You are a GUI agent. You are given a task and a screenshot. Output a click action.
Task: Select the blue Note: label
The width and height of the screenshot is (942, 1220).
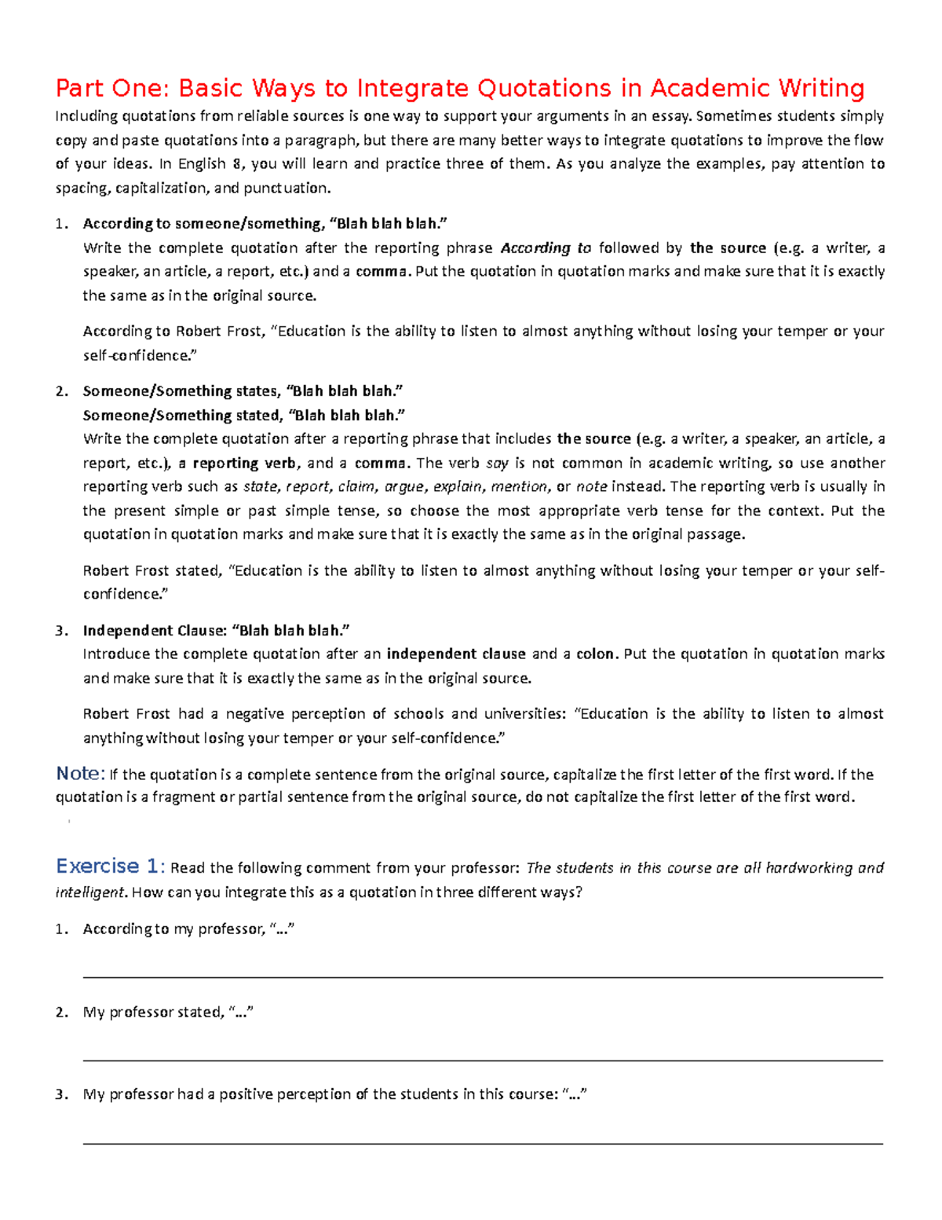click(80, 774)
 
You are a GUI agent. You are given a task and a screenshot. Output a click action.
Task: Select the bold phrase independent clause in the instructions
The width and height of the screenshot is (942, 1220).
click(456, 654)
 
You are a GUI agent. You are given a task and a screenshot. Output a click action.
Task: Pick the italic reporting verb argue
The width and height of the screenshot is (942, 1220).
click(404, 487)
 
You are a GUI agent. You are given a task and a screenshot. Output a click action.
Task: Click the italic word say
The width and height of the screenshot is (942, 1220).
click(497, 463)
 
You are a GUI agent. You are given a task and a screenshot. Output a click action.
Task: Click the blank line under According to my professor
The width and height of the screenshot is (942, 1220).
click(483, 977)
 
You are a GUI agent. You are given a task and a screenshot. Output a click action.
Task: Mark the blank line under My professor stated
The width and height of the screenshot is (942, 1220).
click(483, 1061)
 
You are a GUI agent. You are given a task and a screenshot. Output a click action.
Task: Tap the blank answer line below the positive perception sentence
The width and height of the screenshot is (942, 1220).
click(483, 1144)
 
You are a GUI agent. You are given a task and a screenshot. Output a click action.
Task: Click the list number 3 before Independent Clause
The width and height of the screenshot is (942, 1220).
click(60, 631)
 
